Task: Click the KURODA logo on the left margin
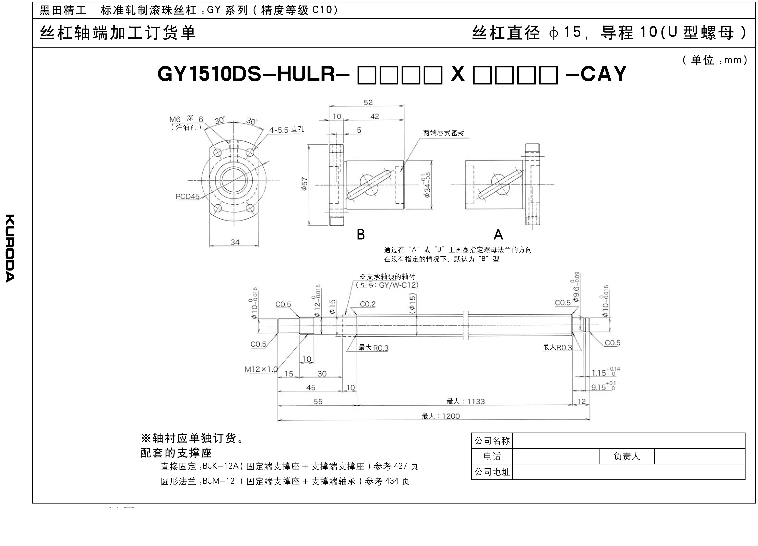10,248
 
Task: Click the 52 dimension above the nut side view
368,102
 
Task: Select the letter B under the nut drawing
361,234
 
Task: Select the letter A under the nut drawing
498,234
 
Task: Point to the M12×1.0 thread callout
261,369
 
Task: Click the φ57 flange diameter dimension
304,184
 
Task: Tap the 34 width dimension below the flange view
235,242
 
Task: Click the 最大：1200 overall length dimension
441,416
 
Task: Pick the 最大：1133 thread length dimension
466,401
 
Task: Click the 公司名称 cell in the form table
492,441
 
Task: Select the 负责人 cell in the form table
627,456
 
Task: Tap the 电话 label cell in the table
492,456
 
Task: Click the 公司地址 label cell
492,472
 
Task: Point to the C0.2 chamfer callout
368,304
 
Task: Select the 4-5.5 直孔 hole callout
287,129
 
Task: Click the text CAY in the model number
604,74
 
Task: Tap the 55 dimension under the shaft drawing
318,401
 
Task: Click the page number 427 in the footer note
401,466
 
